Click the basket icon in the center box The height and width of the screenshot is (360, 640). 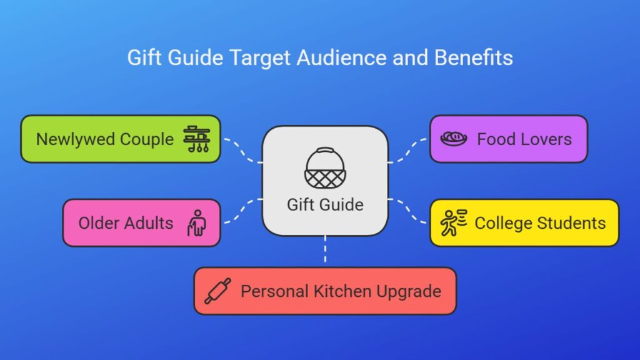325,167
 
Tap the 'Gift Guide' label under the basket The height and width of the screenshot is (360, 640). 325,205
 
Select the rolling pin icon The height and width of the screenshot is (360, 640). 218,291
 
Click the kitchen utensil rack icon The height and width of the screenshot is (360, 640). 197,139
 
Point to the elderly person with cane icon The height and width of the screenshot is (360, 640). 197,223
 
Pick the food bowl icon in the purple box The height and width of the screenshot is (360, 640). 454,139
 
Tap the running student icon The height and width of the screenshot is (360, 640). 454,223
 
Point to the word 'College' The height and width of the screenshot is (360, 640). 504,224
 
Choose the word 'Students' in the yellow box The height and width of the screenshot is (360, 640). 571,223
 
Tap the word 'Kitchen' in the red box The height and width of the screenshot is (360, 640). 342,291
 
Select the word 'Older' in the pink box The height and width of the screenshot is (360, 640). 99,223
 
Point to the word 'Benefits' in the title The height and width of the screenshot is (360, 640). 474,57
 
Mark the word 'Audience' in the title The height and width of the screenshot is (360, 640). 341,57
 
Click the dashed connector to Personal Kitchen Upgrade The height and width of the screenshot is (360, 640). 325,249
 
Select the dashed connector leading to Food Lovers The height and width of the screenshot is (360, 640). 407,151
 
